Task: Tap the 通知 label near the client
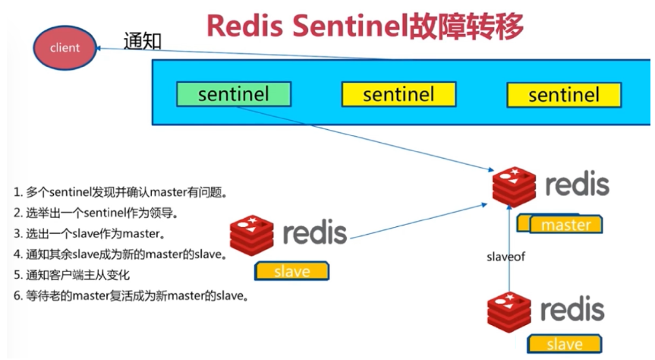click(143, 42)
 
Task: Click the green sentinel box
click(234, 94)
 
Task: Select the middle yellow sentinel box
click(398, 94)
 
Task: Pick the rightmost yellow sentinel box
click(563, 95)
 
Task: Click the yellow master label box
click(566, 225)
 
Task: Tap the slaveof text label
click(505, 257)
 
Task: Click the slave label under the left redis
click(292, 271)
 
